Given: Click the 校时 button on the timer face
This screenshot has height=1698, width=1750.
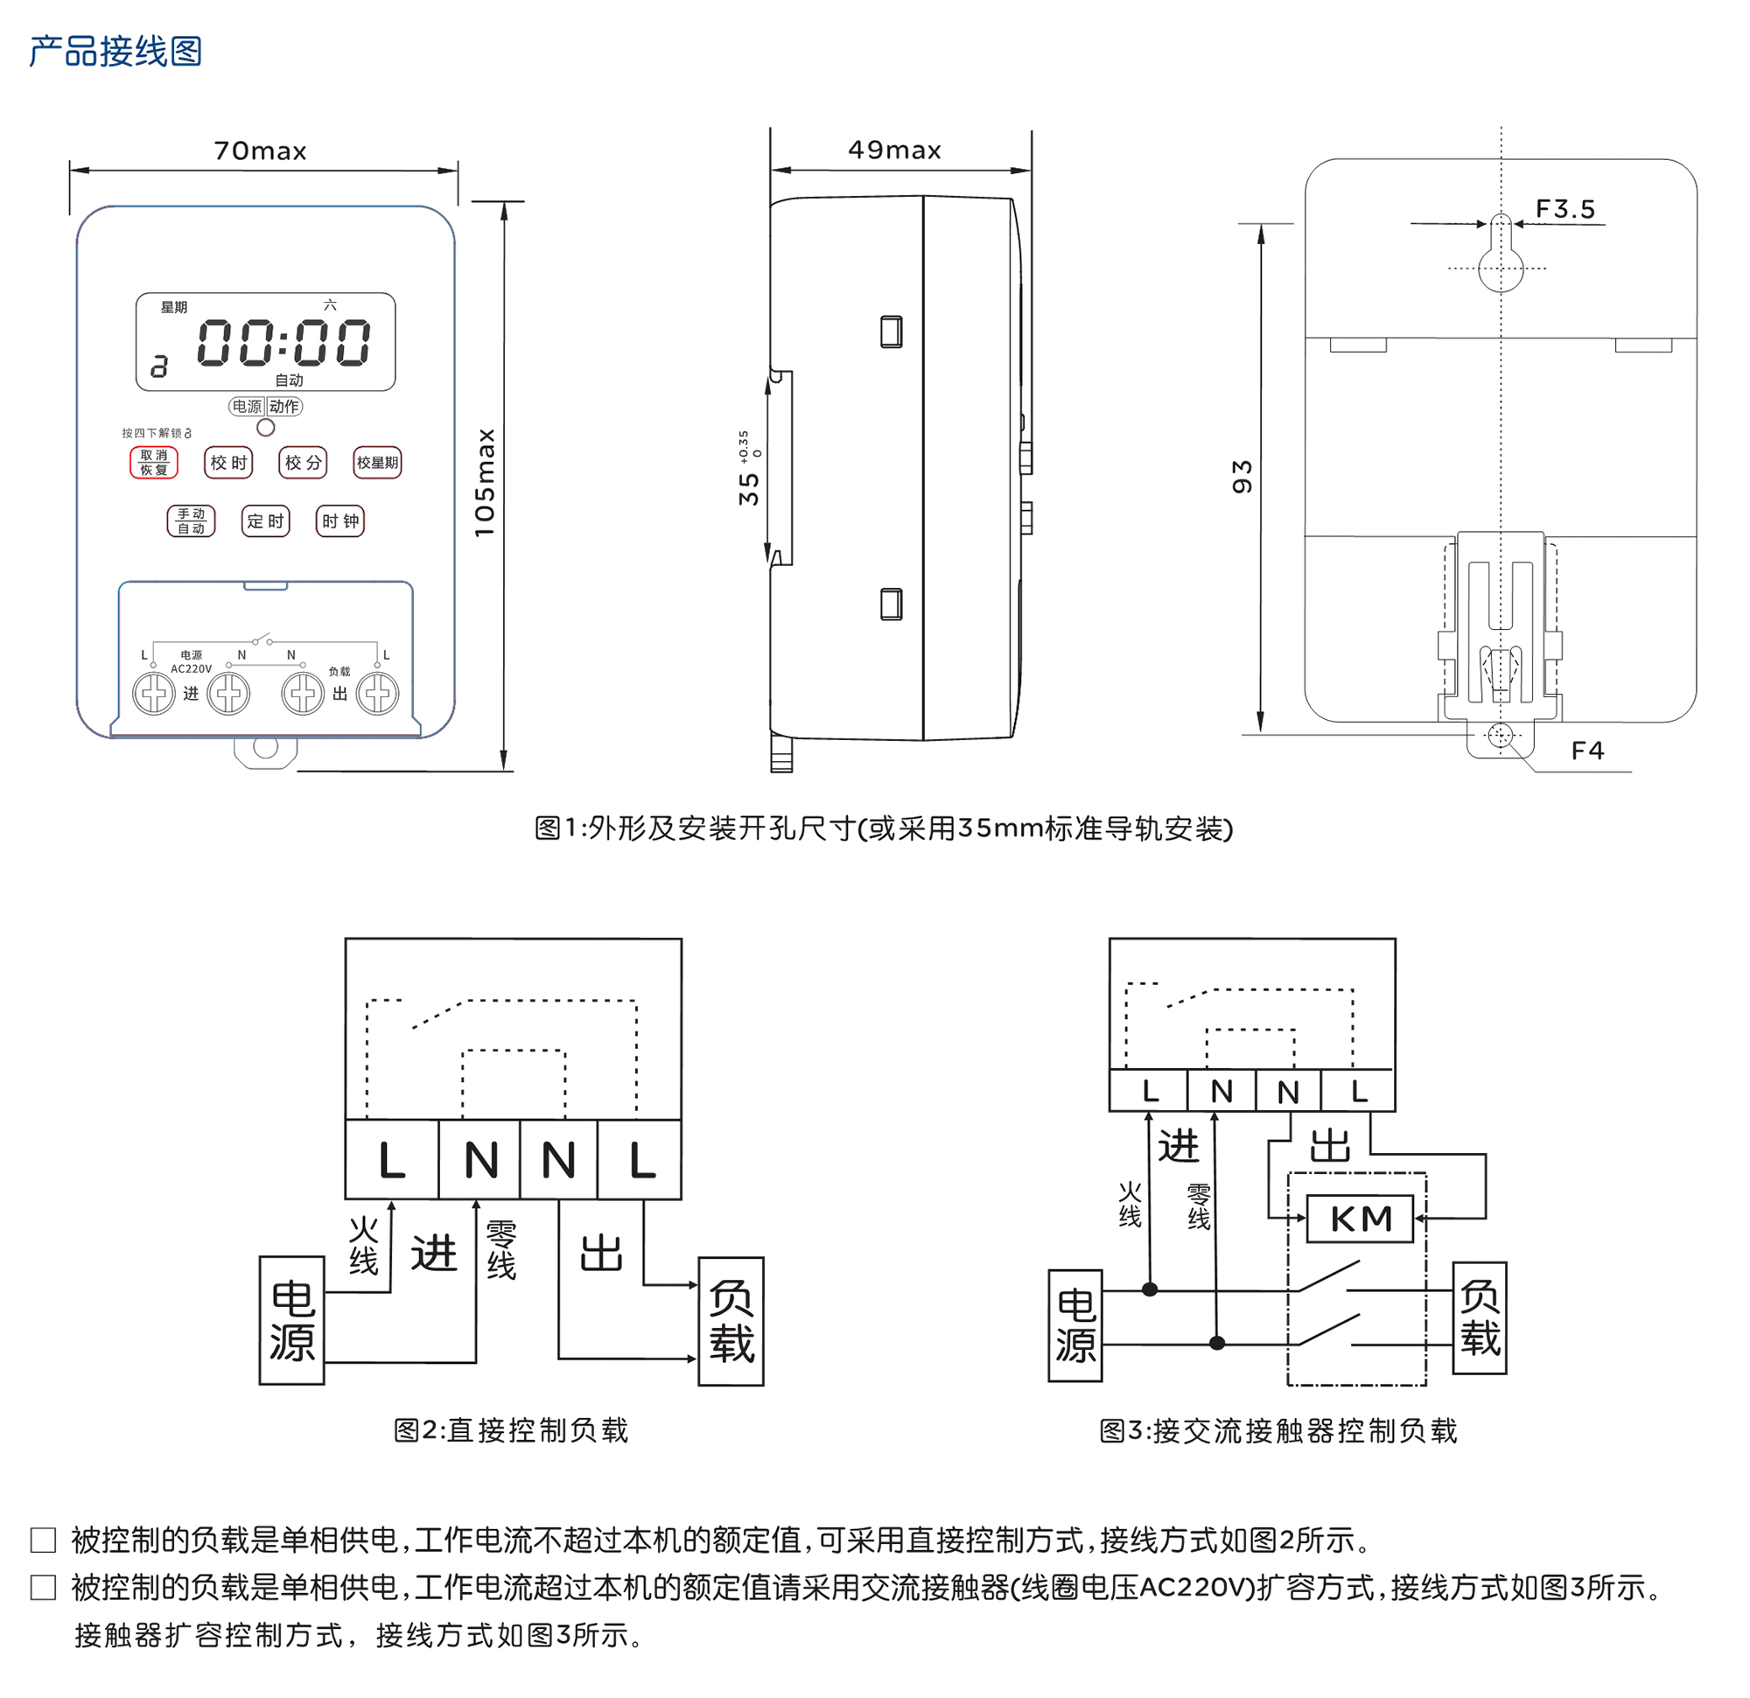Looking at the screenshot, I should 228,463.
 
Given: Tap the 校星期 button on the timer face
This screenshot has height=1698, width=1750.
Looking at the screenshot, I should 377,463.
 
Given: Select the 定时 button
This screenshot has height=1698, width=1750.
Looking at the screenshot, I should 265,521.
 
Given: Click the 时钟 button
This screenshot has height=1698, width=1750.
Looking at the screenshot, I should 340,521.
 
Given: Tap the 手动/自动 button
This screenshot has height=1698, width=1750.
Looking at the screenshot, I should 191,521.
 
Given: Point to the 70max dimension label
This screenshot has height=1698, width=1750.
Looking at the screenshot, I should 260,150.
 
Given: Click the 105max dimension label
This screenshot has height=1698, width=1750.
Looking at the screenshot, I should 485,483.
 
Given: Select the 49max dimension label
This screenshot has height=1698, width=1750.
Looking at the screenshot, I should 894,150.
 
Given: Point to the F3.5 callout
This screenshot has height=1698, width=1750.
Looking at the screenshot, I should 1564,209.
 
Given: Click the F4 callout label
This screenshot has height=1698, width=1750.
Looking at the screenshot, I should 1586,751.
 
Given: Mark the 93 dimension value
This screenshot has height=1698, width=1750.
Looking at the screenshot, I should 1242,477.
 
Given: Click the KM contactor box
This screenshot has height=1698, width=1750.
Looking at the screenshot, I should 1360,1219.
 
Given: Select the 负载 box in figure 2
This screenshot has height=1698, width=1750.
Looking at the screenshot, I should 731,1321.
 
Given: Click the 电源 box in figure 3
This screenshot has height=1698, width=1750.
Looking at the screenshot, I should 1075,1325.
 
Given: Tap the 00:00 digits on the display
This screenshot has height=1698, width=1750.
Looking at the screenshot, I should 283,343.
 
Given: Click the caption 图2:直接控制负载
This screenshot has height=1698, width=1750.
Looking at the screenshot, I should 511,1430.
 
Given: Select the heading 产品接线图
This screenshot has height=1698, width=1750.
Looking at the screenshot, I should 115,51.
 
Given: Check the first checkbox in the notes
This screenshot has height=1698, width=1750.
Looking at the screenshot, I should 43,1540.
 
